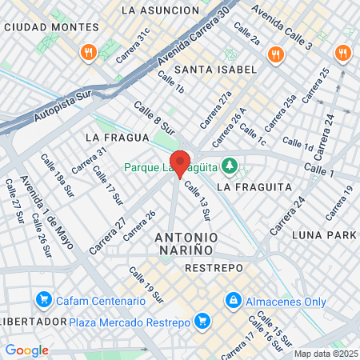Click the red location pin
[181, 162]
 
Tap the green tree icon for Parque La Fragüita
[230, 166]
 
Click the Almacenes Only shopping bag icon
[233, 301]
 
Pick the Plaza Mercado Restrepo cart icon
[203, 322]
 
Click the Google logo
[26, 350]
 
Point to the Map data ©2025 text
[325, 354]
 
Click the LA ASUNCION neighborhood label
[159, 10]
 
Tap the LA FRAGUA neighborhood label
[114, 138]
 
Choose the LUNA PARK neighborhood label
[323, 234]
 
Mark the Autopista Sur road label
[64, 106]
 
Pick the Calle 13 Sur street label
[197, 201]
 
